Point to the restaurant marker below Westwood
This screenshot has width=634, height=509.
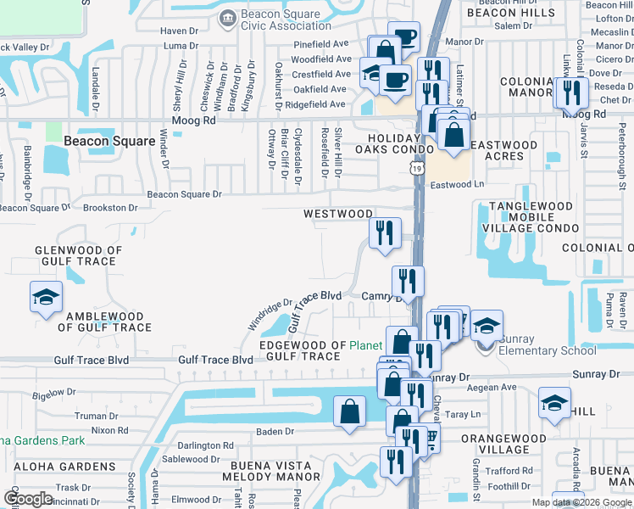coord(385,232)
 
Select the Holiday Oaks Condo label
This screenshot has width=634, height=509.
coord(393,144)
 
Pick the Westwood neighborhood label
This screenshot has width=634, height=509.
coord(338,214)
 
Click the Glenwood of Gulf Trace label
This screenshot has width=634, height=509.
coord(79,255)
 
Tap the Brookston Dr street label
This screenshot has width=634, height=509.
coord(110,207)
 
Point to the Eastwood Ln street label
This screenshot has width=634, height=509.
coord(456,184)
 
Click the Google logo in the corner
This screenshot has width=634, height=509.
coord(29,499)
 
